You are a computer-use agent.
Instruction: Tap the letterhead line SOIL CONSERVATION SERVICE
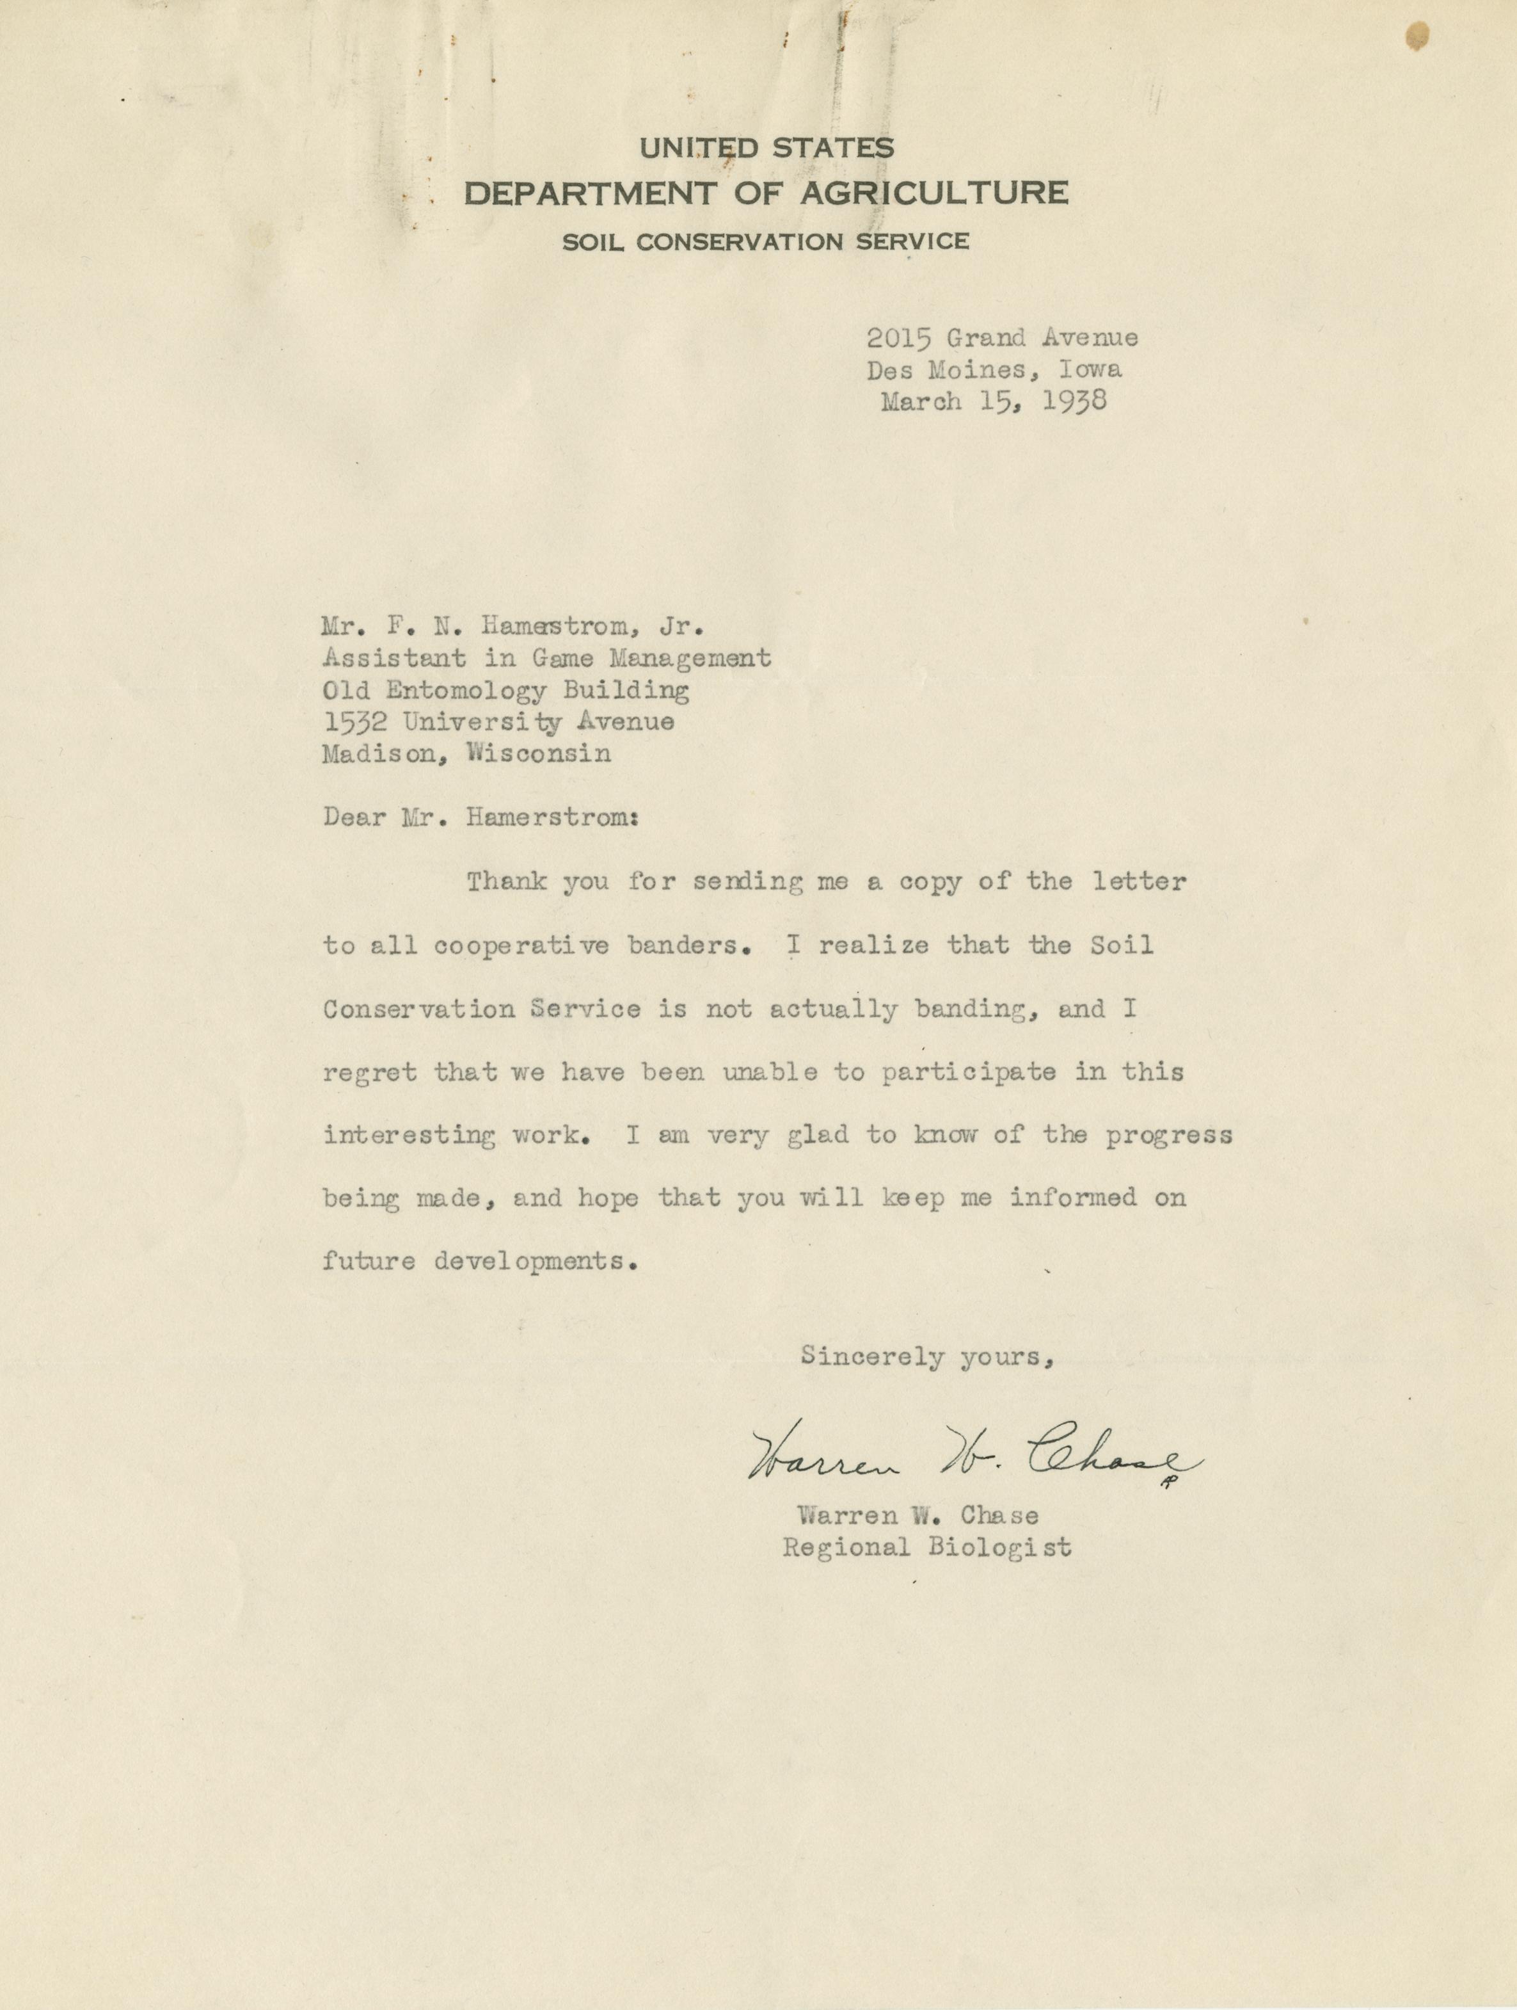pos(765,242)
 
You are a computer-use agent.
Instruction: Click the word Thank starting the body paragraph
pos(507,881)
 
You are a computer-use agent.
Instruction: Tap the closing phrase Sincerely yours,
pos(926,1356)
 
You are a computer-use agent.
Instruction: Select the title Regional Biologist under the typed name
pos(926,1547)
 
